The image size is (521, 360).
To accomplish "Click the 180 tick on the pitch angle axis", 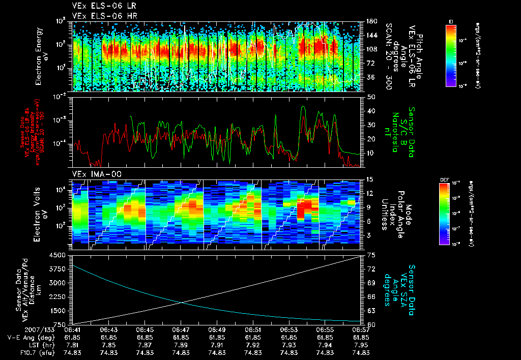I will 371,22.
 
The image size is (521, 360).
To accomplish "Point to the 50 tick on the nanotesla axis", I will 370,97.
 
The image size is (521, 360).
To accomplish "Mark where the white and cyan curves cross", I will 182,303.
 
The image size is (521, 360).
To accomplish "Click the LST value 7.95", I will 361,345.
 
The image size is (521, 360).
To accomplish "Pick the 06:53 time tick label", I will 289,329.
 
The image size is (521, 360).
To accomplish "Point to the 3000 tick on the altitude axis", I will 61,283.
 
